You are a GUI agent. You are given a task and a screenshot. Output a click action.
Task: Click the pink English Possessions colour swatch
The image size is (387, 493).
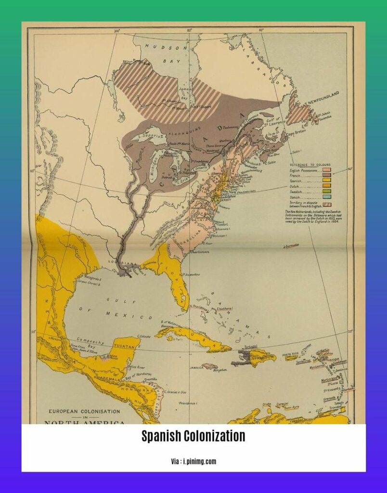[x=326, y=170]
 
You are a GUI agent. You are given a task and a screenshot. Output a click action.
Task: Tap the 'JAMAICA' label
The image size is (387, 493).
[x=195, y=367]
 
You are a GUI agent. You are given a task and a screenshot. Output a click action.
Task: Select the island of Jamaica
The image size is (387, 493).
[x=210, y=366]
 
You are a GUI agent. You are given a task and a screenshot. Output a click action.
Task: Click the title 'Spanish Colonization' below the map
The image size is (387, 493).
[x=193, y=437]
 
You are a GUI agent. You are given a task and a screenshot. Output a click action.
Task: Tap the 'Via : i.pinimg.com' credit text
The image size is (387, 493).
[x=193, y=461]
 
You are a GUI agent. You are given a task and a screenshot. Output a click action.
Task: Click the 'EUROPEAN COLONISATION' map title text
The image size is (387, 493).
[x=81, y=412]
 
